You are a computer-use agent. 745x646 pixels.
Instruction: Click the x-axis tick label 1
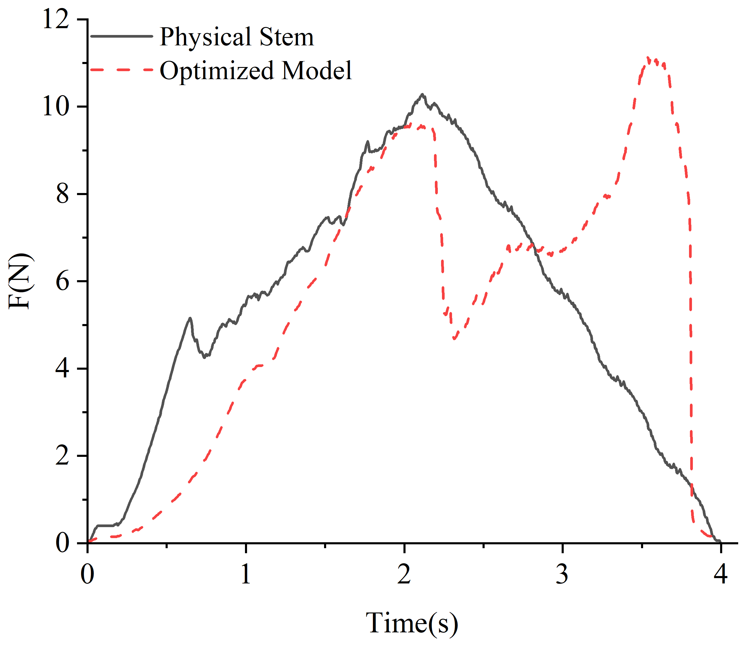click(246, 574)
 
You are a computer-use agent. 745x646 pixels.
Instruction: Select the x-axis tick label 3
click(562, 574)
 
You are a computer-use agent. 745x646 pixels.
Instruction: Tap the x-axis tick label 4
click(720, 574)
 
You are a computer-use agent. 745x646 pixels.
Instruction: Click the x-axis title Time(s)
click(412, 623)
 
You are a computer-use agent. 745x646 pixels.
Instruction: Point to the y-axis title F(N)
click(20, 281)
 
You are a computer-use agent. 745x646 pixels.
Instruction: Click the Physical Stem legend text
click(237, 37)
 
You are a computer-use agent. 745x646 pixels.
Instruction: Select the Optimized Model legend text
click(256, 70)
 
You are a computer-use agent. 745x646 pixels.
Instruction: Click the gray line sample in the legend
click(121, 36)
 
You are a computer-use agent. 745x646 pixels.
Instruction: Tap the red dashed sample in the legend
click(121, 69)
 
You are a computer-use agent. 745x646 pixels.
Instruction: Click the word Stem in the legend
click(287, 37)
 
